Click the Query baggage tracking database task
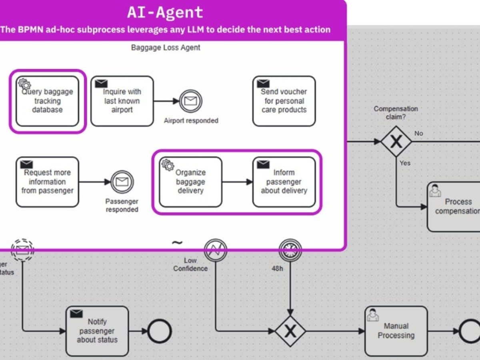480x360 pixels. [47, 101]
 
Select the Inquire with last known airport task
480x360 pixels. [122, 101]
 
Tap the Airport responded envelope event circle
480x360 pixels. [190, 101]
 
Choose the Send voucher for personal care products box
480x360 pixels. [284, 101]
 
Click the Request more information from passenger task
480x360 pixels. [47, 182]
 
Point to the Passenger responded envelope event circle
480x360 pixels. [122, 182]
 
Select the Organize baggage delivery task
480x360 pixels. [190, 182]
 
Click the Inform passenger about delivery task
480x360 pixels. [284, 182]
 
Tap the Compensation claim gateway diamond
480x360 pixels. [396, 142]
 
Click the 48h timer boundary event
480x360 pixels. [290, 250]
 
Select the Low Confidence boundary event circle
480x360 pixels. [216, 250]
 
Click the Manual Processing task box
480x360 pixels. [396, 331]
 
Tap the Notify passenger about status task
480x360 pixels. [97, 331]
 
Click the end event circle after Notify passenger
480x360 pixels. [160, 331]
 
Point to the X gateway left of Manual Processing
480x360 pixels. [290, 331]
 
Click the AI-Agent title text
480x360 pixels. [165, 12]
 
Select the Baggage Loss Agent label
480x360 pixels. [166, 48]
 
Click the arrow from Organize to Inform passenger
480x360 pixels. [237, 182]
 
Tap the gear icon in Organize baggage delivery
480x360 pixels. [167, 164]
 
